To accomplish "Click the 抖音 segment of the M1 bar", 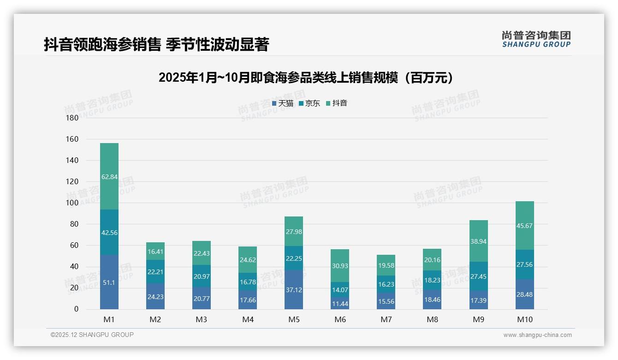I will click(109, 176).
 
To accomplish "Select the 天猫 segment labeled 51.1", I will click(109, 282).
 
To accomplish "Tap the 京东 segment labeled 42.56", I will click(109, 233).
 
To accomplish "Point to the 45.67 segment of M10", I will click(525, 226).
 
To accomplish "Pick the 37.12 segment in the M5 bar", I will click(294, 289).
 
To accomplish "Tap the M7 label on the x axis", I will click(386, 320).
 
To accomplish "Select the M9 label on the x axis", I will click(478, 320).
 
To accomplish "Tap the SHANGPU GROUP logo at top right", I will click(536, 39).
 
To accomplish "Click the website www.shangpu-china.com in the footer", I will click(537, 335).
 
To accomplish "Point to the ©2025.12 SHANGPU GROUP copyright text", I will click(92, 335).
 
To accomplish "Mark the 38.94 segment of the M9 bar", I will click(479, 241).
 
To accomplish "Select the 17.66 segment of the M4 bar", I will click(248, 300).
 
